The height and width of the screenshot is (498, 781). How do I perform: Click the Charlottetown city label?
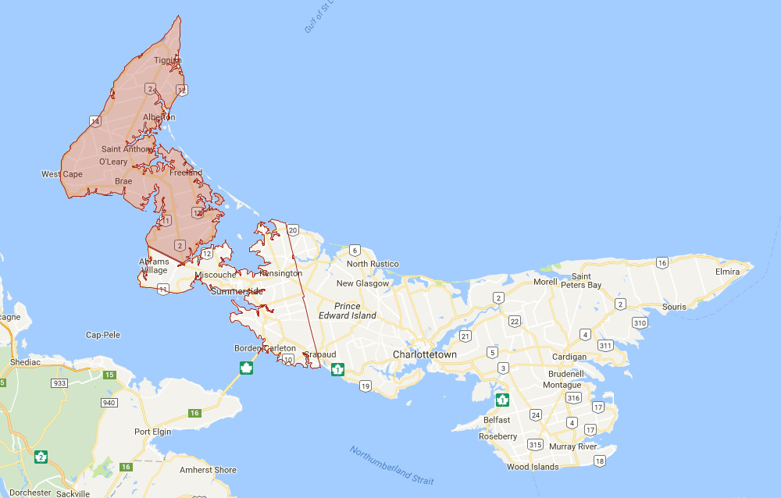(424, 354)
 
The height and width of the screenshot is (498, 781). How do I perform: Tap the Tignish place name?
(167, 60)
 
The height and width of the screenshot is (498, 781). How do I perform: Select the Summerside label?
(237, 291)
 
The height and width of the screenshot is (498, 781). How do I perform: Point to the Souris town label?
(674, 307)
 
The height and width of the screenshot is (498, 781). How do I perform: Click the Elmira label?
(727, 272)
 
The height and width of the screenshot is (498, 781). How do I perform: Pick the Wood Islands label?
(533, 467)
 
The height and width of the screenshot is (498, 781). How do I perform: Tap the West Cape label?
(62, 174)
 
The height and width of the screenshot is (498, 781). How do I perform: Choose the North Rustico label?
(373, 264)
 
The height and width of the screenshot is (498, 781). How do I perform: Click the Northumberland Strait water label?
(391, 466)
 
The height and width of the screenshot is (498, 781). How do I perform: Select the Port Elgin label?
(152, 432)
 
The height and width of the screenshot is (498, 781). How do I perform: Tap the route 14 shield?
(95, 121)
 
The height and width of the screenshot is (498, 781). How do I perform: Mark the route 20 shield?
(293, 230)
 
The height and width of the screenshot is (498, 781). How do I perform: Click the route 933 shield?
(59, 384)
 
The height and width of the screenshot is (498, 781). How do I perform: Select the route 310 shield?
(640, 322)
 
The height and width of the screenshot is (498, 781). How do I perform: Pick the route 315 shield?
(535, 444)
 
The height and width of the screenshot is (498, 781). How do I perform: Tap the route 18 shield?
(599, 461)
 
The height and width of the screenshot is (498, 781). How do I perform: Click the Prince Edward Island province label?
(348, 311)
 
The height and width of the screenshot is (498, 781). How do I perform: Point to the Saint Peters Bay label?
(581, 281)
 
